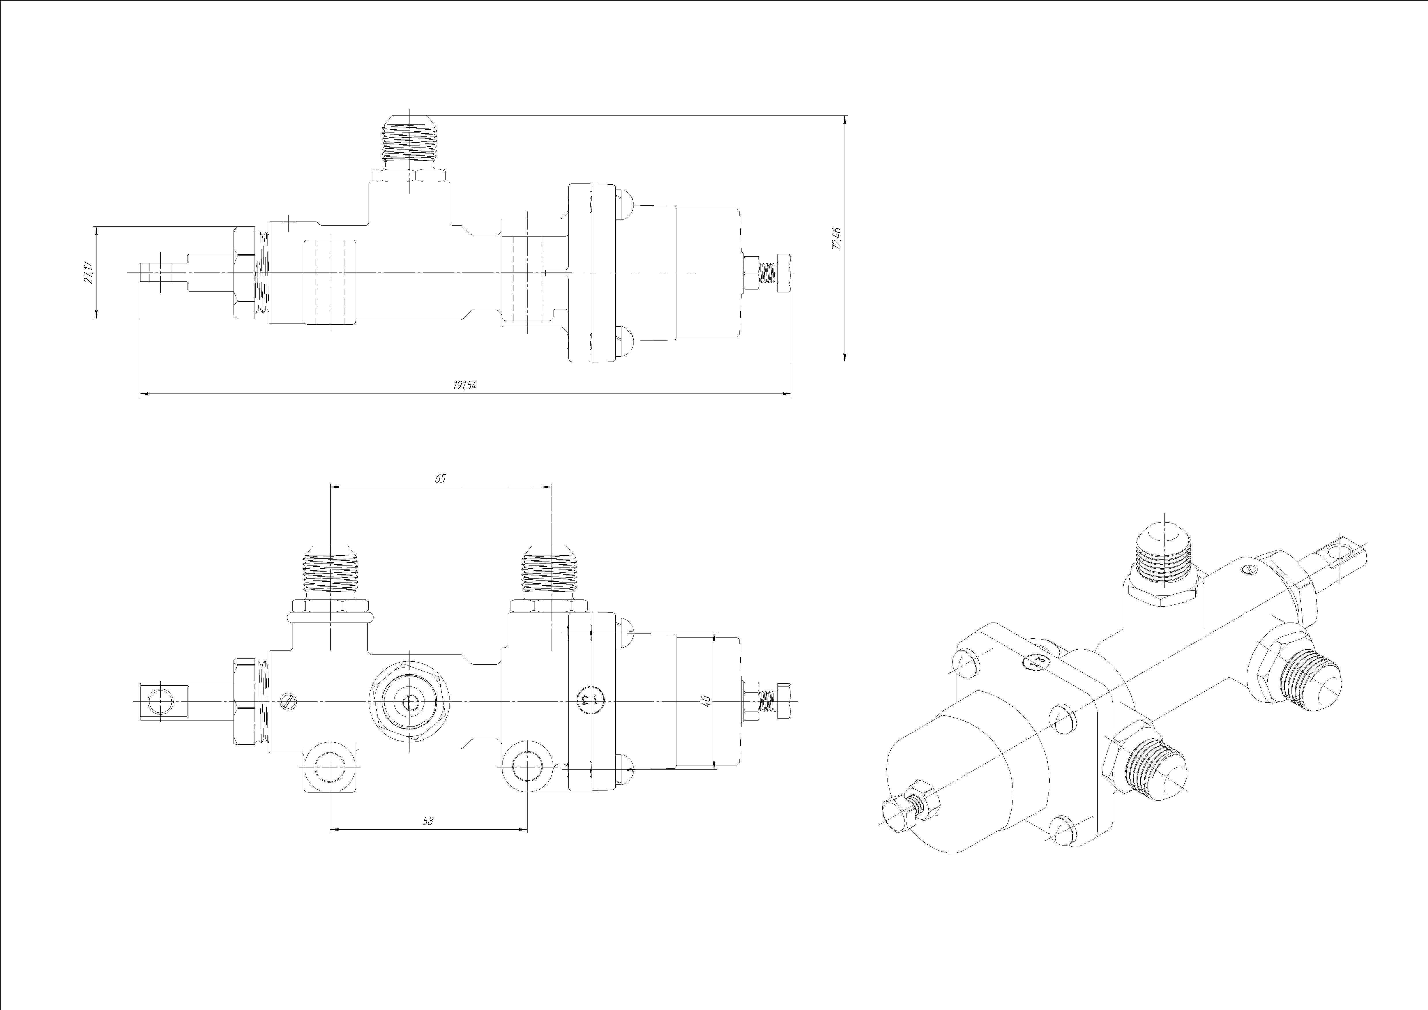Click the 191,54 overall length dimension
(x=464, y=385)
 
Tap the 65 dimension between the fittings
(x=440, y=478)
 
